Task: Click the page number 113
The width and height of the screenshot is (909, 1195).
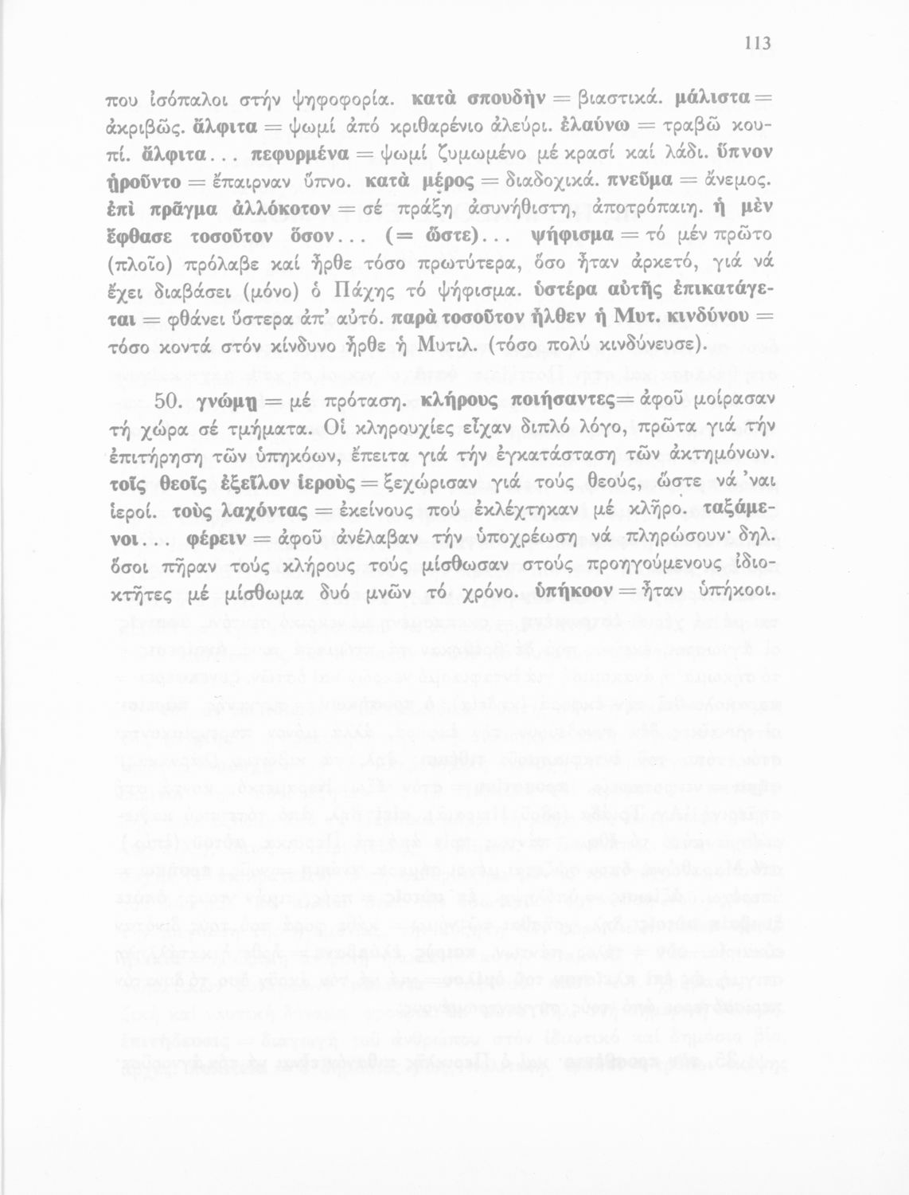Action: tap(758, 43)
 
